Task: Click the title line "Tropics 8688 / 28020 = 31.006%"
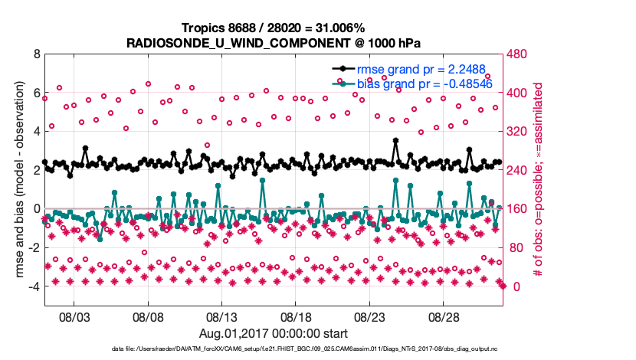coord(273,28)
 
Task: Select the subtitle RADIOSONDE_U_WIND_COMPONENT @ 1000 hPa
coord(273,42)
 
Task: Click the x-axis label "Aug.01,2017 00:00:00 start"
coord(273,333)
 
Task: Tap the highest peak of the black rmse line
coord(395,140)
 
